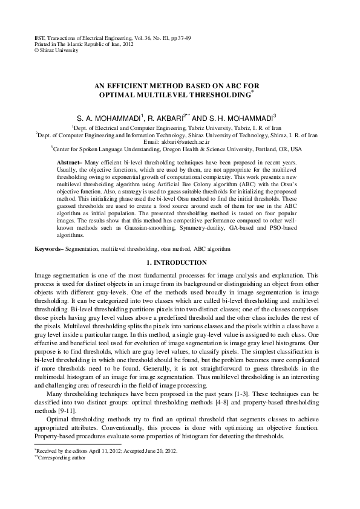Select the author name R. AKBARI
point(166,118)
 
